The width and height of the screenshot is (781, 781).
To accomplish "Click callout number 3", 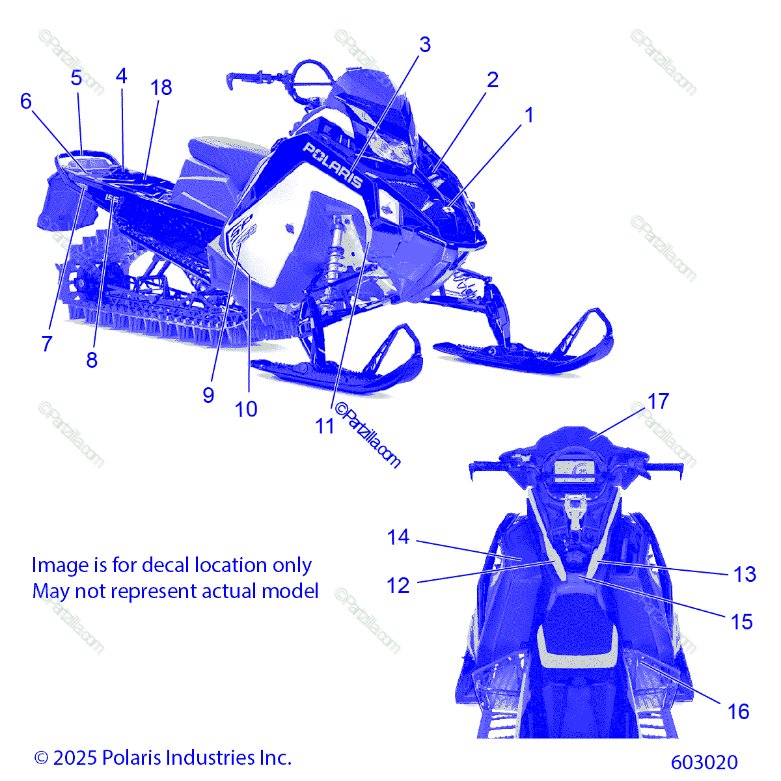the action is pos(424,45).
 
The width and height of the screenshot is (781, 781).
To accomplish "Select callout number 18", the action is pos(161,87).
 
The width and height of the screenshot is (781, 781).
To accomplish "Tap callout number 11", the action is pos(325,426).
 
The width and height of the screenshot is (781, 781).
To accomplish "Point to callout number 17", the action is pos(658,402).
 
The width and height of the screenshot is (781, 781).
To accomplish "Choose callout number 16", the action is pos(738,711).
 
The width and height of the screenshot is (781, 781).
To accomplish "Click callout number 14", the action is pos(398,538).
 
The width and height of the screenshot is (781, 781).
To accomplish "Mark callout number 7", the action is pos(47,344).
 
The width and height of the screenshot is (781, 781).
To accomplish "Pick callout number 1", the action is pos(529,115).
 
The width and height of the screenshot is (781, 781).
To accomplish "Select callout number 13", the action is pos(745,574).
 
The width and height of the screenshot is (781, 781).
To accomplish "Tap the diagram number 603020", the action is pos(704,761).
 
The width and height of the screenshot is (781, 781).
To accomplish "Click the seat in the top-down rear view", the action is pos(576,625).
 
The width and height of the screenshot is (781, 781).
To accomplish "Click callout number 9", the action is pos(208,394).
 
